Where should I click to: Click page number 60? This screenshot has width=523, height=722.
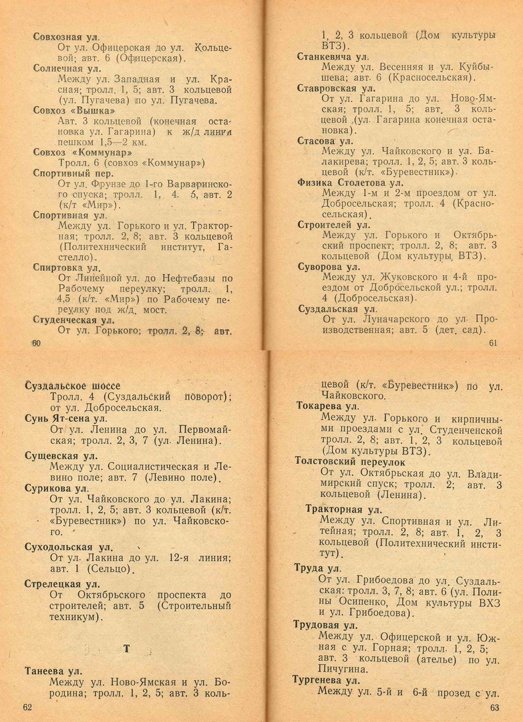coord(36,343)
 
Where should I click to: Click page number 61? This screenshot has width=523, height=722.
coord(494,343)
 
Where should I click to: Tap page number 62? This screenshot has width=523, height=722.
coord(27,707)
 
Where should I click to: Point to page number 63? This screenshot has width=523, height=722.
coord(494,707)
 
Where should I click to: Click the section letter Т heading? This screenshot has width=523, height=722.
coord(126,648)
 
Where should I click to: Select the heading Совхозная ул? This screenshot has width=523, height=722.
coord(67,37)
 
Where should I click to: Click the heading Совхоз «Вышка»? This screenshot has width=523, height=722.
coord(74,110)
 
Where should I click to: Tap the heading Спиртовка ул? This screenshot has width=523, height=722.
coord(67,267)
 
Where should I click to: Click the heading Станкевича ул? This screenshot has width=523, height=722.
coord(333,57)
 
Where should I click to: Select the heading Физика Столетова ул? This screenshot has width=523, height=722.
coord(350,182)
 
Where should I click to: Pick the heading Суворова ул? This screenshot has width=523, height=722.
coord(328,266)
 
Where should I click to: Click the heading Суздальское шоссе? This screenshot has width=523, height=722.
coord(72,386)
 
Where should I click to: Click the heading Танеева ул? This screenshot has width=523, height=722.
coord(53,671)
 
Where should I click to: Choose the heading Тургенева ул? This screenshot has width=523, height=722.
coord(326,680)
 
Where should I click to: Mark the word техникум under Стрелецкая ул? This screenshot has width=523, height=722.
coord(74,617)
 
